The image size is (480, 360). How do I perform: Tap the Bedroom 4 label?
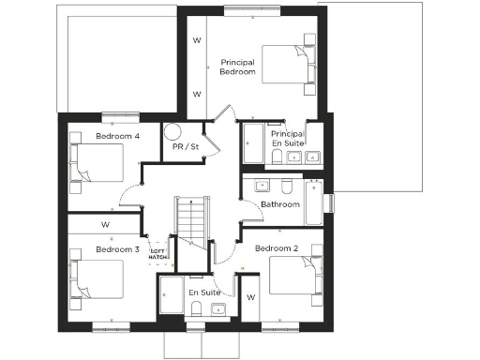[x=117, y=137]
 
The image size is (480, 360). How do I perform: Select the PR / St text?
[x=185, y=147]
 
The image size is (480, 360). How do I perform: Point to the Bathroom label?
[x=279, y=203]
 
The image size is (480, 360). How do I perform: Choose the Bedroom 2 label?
[x=276, y=247]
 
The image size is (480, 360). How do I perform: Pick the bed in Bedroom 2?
[x=294, y=277]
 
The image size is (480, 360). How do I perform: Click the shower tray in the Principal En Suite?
[x=254, y=143]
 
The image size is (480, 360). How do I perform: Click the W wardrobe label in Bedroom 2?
[x=250, y=297]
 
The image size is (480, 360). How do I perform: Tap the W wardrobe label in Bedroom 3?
[x=105, y=225]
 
